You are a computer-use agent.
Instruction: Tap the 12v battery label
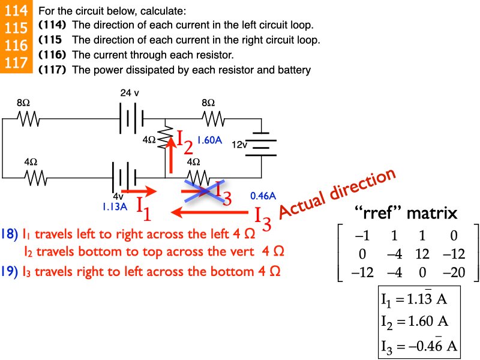pyautogui.click(x=239, y=145)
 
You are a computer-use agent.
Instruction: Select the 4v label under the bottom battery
pyautogui.click(x=118, y=196)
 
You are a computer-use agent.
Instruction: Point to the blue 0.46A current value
pyautogui.click(x=263, y=196)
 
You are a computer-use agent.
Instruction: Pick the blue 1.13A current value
pyautogui.click(x=115, y=207)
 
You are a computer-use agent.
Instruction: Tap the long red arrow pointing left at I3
pyautogui.click(x=210, y=212)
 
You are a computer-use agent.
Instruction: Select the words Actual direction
pyautogui.click(x=338, y=193)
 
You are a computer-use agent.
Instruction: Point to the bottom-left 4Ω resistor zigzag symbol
pyautogui.click(x=35, y=178)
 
